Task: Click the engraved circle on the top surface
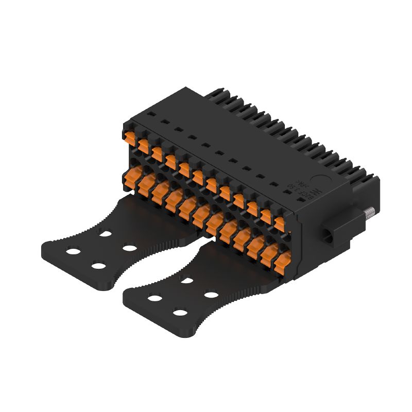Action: (316, 180)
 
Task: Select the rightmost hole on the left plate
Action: (129, 248)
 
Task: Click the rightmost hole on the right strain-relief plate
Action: (211, 295)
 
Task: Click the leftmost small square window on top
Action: (150, 112)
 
